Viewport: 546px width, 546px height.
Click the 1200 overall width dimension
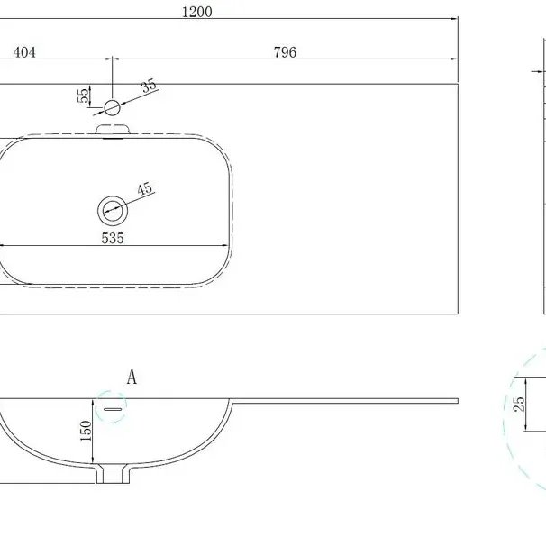click(x=197, y=12)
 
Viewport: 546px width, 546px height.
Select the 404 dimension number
click(x=24, y=52)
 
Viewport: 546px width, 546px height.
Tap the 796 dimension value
click(x=285, y=52)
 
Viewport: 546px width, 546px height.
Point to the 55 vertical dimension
click(x=84, y=96)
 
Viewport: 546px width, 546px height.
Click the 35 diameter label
click(x=149, y=86)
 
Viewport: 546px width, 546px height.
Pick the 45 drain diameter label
click(x=144, y=188)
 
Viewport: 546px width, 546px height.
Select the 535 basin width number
click(x=113, y=238)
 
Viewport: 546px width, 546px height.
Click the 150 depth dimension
click(x=86, y=431)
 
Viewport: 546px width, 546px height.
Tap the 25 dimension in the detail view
click(x=519, y=404)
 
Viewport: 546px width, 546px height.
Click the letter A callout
click(x=132, y=377)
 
